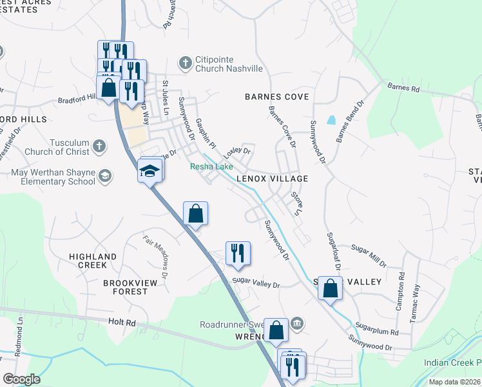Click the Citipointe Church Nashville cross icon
pyautogui.click(x=186, y=63)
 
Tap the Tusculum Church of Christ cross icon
pyautogui.click(x=99, y=146)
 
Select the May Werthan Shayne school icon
pyautogui.click(x=104, y=176)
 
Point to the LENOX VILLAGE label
pyautogui.click(x=271, y=178)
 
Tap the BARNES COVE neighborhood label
pyautogui.click(x=276, y=97)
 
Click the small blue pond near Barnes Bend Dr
pyautogui.click(x=331, y=120)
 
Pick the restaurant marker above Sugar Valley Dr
pyautogui.click(x=238, y=253)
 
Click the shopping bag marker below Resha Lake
pyautogui.click(x=196, y=213)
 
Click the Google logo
pyautogui.click(x=21, y=379)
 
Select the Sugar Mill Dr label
pyautogui.click(x=369, y=255)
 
